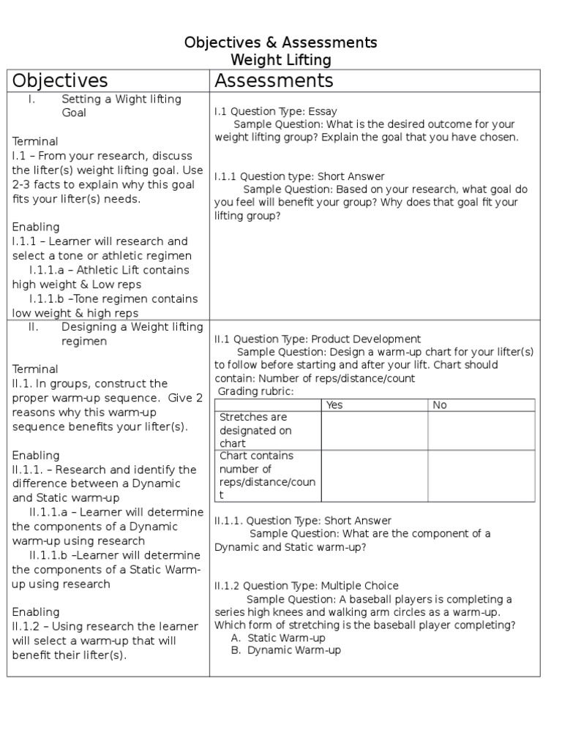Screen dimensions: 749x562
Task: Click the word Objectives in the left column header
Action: coord(60,80)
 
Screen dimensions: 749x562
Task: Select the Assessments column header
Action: coord(274,80)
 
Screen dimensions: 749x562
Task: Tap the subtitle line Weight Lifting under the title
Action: coord(281,60)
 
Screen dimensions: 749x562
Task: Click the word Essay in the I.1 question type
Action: coord(323,112)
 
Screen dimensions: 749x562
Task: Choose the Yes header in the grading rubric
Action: coord(334,405)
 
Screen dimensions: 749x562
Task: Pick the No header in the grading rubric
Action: coord(440,405)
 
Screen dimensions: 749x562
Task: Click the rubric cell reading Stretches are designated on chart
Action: coord(256,430)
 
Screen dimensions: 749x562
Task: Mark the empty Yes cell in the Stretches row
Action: coord(375,430)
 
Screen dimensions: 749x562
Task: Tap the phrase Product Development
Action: coord(366,339)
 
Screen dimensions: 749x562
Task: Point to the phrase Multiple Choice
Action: coord(360,586)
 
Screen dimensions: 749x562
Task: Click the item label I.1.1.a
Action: coord(52,270)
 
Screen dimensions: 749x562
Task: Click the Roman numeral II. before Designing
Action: coord(34,327)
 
